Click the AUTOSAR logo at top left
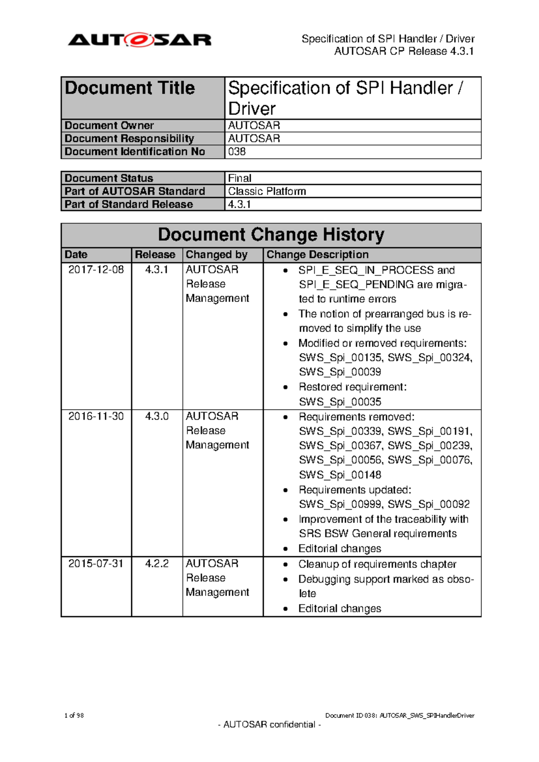pos(140,40)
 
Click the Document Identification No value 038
pos(237,152)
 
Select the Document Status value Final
pos(239,178)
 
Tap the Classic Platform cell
pos(267,191)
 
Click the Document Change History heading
pos(271,235)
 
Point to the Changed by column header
pos(216,255)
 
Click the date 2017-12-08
pos(96,270)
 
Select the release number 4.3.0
pos(157,416)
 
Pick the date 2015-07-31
pos(96,563)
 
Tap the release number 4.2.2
pos(157,563)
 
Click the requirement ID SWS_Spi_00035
pos(340,402)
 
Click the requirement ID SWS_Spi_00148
pos(340,475)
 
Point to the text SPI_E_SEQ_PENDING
pos(356,285)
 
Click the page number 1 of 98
pos(74,715)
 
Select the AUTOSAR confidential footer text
pos(269,725)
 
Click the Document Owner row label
pos(109,126)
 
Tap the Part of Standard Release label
pos(128,204)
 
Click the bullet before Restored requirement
pos(286,387)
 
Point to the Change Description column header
pos(317,255)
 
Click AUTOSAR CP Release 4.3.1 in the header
pos(404,51)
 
